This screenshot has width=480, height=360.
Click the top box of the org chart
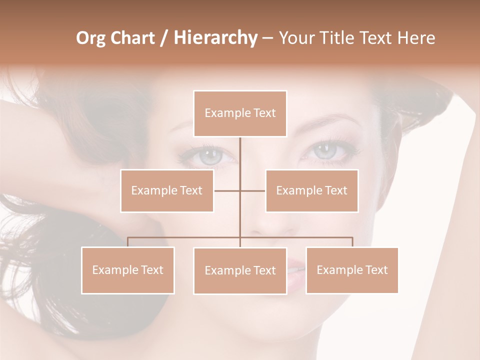coord(240,113)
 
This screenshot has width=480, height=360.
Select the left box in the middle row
coord(167,190)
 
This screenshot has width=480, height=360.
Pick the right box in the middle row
coord(312,190)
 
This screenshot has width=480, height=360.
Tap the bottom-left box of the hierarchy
coord(128,270)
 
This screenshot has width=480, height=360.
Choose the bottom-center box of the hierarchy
coord(240,270)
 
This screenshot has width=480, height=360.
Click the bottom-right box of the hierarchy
coord(352,270)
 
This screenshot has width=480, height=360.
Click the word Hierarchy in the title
coord(215,38)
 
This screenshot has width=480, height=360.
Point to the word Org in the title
coord(91,38)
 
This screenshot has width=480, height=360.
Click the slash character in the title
coord(164,38)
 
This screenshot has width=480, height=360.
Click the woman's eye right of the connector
coord(325,150)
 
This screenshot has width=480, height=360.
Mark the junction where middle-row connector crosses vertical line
coord(240,190)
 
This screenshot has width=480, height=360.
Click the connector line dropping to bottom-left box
coord(128,241)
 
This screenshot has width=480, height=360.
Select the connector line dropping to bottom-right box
coord(352,241)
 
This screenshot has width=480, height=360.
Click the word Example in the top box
coord(222,113)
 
